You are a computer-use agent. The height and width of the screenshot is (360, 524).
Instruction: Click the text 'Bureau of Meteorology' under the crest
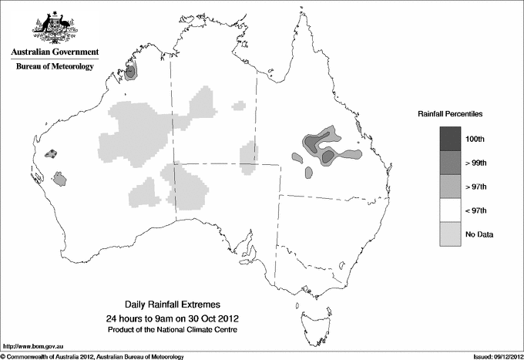(55, 67)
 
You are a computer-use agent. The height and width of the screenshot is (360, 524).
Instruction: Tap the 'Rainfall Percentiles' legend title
(450, 113)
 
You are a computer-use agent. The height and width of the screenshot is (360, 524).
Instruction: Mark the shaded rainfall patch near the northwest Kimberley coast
(132, 72)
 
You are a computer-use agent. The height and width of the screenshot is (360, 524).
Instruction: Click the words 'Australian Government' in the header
(55, 52)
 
